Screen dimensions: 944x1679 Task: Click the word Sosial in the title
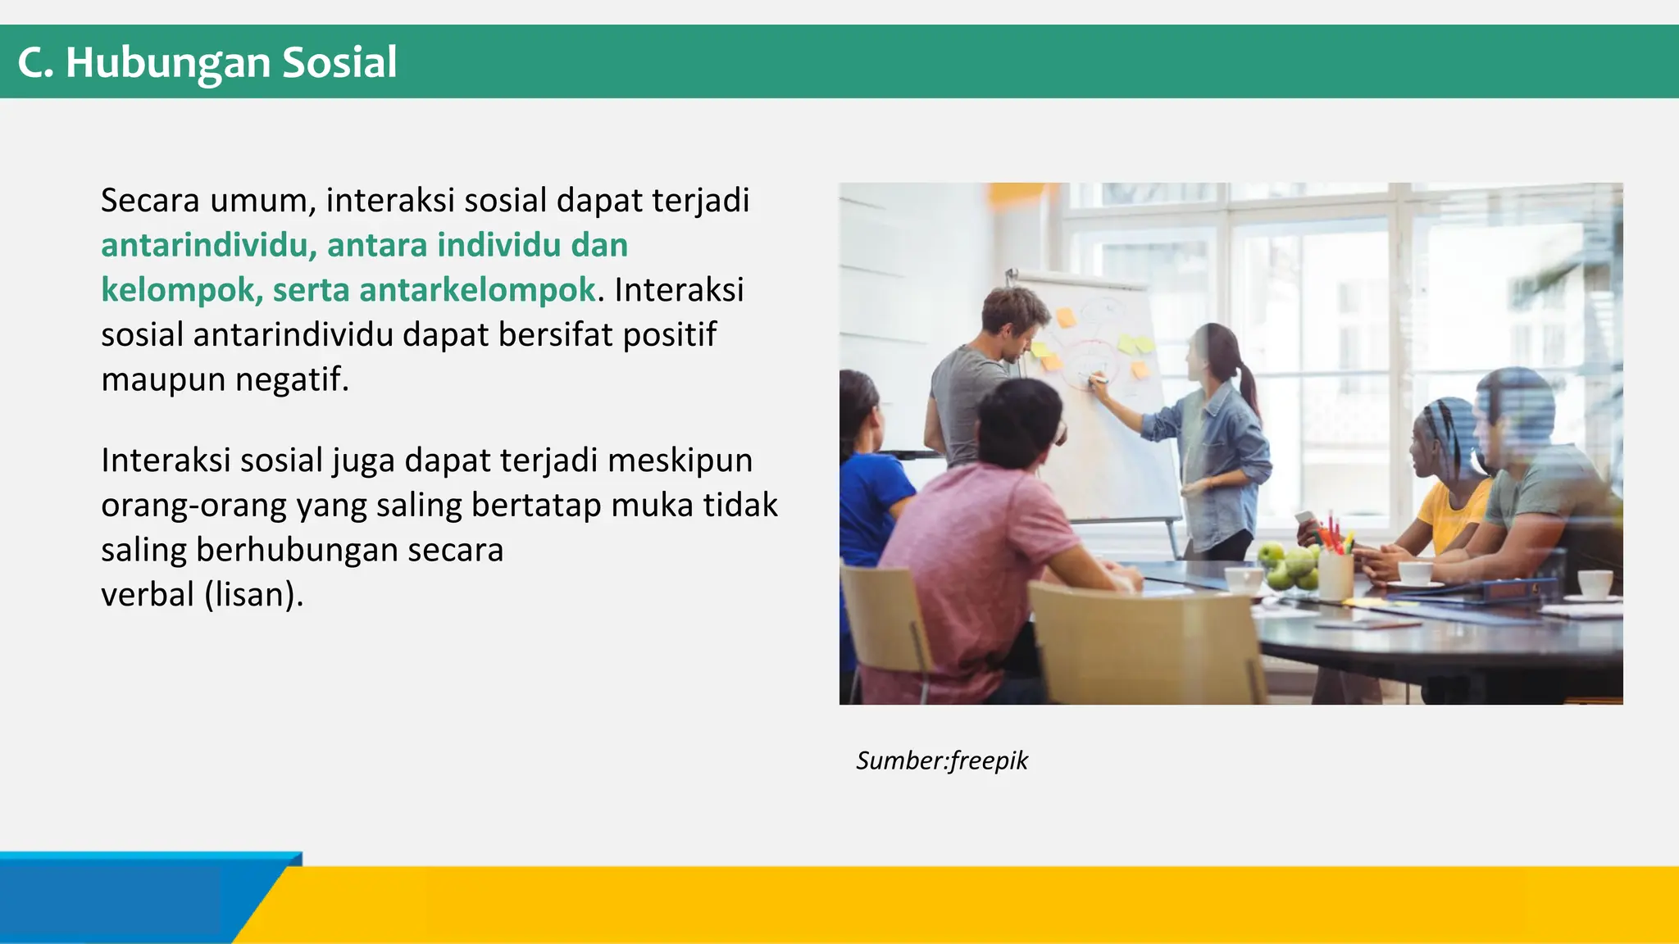pos(339,62)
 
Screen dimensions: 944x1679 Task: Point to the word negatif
pos(292,379)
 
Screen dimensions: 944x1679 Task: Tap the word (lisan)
pos(254,594)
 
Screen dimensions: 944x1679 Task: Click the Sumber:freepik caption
pos(942,760)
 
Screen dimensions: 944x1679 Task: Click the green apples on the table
pos(1287,565)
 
